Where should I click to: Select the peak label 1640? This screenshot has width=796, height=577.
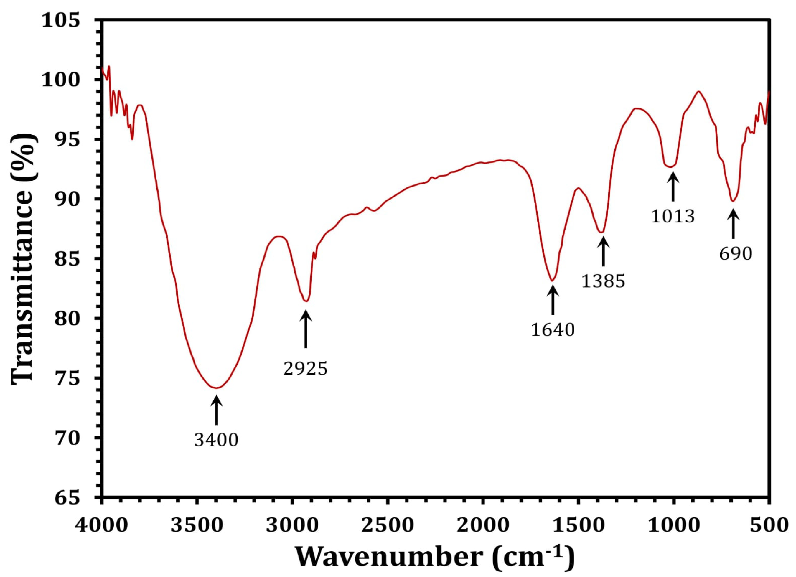pos(553,329)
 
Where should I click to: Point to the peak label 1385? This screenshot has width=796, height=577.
pos(603,281)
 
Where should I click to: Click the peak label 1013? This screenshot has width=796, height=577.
pos(673,216)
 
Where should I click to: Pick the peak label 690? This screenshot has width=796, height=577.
pos(736,253)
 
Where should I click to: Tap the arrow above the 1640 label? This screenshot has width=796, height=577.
pos(553,300)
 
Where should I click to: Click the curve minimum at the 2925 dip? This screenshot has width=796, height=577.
pos(306,301)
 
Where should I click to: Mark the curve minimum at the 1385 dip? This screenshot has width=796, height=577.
pos(601,232)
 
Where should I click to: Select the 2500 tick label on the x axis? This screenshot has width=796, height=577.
pos(388,526)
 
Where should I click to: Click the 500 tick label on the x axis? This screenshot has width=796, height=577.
pos(769,526)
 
